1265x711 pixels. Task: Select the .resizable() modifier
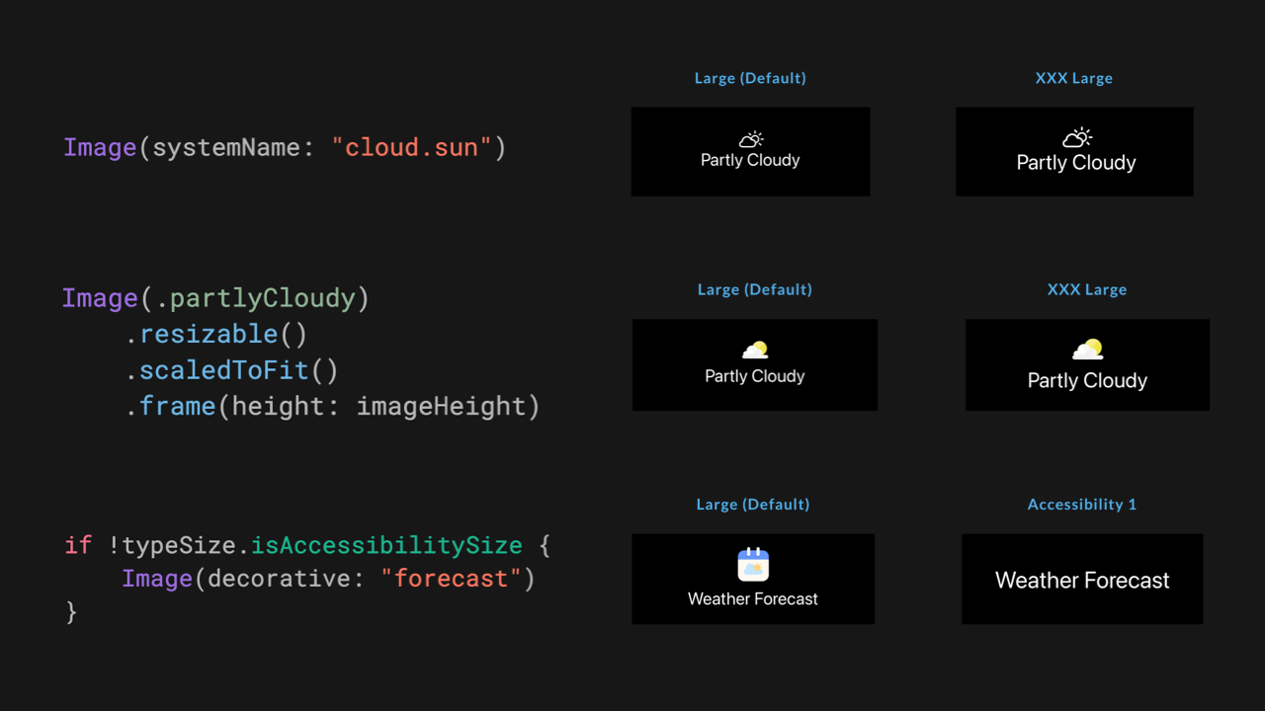(216, 334)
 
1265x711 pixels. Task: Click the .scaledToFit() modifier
(231, 370)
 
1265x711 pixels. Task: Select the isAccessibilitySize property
(386, 545)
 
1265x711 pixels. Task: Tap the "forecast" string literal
(451, 579)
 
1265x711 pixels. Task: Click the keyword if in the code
(77, 545)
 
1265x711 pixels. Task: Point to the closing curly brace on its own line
(71, 612)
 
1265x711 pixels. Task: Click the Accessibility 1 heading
(1081, 505)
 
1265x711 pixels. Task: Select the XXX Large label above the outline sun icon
(1073, 78)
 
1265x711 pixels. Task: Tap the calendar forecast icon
(753, 565)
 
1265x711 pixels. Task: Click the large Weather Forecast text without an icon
(1082, 581)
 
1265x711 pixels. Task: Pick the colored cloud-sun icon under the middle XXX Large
(1087, 350)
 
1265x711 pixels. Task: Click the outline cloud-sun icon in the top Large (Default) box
(751, 139)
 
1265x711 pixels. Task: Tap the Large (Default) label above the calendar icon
(752, 505)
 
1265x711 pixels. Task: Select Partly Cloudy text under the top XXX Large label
(1076, 163)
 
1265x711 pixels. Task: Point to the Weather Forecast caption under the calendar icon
(753, 598)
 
